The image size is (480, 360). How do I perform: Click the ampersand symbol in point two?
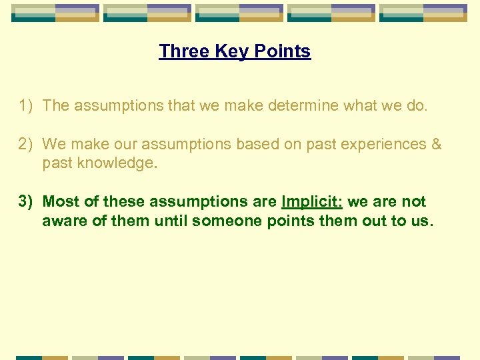pos(436,144)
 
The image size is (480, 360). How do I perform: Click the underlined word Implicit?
pos(312,201)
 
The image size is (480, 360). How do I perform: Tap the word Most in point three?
pos(61,201)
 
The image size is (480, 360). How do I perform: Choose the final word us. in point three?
pos(421,220)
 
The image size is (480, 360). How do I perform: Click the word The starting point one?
pos(56,105)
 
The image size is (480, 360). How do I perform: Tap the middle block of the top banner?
pos(238,13)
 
